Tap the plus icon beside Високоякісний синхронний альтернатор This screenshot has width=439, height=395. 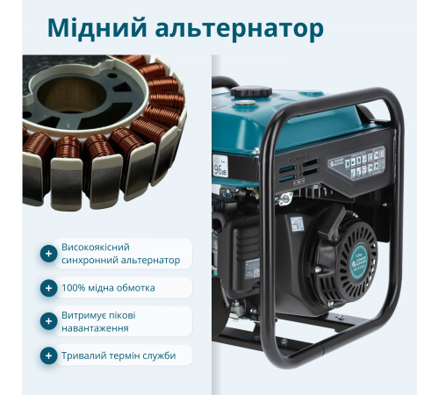(x=48, y=254)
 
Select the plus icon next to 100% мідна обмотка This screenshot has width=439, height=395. (x=48, y=288)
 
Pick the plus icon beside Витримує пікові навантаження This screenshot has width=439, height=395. (x=48, y=321)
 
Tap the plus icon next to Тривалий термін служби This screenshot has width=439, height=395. (x=48, y=355)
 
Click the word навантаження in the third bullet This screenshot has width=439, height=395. (x=95, y=328)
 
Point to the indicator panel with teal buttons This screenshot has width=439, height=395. (x=366, y=162)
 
